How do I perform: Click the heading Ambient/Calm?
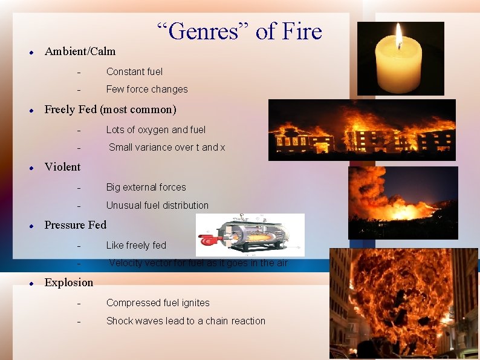[80, 51]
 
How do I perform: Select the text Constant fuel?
[134, 71]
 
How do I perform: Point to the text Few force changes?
[147, 89]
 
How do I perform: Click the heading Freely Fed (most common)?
[110, 110]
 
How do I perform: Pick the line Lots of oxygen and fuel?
[156, 129]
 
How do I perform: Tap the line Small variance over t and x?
[167, 147]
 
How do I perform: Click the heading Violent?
[62, 167]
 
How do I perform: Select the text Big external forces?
[146, 187]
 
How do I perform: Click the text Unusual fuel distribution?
[157, 205]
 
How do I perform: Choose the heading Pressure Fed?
[75, 225]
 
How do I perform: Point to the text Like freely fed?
[136, 245]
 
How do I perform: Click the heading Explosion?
[69, 283]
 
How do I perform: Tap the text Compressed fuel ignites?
[158, 303]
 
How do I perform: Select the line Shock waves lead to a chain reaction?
[186, 321]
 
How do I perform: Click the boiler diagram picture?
[250, 234]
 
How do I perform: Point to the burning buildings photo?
[362, 130]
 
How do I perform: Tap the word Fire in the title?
[300, 31]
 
